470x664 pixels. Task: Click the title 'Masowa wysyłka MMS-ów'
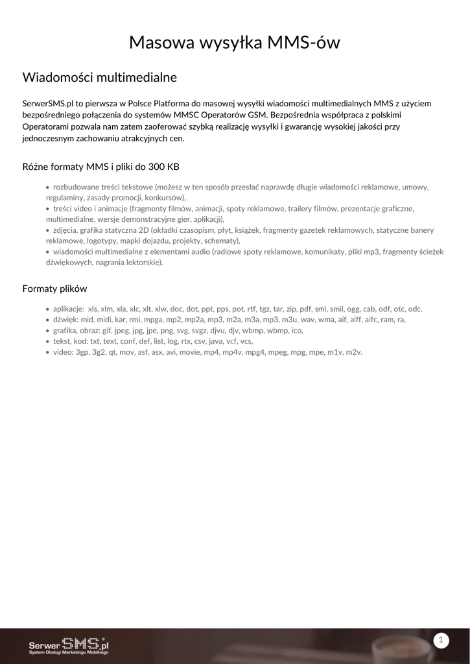coord(235,43)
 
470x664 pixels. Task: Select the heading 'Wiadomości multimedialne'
coord(100,78)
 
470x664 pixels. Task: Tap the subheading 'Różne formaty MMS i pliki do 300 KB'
coord(100,167)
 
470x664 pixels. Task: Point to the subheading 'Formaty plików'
coord(54,289)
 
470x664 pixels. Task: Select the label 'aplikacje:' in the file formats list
coord(69,309)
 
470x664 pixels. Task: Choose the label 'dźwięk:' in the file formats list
coord(65,320)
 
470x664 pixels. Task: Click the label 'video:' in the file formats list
coord(63,352)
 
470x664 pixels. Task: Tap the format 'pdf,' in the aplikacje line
coord(306,309)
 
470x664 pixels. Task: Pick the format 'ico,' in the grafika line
coord(298,331)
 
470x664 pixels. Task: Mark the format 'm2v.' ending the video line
coord(354,352)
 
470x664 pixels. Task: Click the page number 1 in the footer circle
coord(441,641)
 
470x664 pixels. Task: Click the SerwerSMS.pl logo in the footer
coord(69,646)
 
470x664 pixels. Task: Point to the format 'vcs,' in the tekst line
coord(246,341)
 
